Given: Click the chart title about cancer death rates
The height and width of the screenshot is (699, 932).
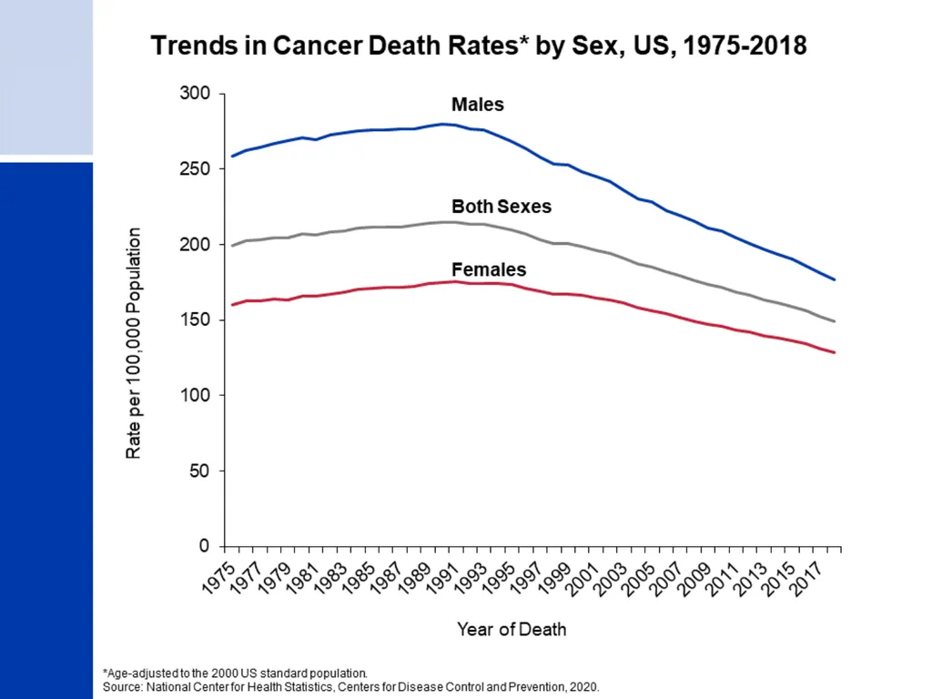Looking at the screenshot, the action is [x=479, y=46].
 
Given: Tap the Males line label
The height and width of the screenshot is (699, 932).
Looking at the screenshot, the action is [x=477, y=105].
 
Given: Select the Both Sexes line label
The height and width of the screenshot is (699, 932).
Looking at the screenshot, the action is [x=501, y=207].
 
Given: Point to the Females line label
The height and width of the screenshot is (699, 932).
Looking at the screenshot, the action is [x=489, y=269].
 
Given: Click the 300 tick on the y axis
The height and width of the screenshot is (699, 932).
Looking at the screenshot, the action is [x=195, y=94].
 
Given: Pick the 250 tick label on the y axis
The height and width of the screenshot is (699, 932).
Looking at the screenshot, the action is [x=195, y=168].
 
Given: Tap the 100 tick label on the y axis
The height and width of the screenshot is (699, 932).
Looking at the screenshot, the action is [x=195, y=395].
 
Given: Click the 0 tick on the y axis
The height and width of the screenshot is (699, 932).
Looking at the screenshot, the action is [x=205, y=546].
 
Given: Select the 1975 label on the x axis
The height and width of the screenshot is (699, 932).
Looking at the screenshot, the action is [x=218, y=577].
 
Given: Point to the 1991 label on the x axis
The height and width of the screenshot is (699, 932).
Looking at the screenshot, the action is [x=442, y=577].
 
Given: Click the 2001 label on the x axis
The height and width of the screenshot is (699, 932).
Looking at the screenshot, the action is [x=582, y=577].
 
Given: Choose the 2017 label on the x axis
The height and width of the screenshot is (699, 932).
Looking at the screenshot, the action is [x=806, y=577].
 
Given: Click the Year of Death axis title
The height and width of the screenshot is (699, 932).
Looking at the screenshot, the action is [x=512, y=630].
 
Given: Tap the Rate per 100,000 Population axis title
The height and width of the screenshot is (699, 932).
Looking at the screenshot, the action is [x=134, y=343].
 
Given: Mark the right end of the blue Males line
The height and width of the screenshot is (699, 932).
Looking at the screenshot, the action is [x=835, y=279].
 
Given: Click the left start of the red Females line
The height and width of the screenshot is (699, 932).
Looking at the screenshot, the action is [x=232, y=305].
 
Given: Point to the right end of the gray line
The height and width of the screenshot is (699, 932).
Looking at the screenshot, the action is [x=835, y=321].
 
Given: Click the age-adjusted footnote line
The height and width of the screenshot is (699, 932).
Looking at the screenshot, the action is [x=236, y=674].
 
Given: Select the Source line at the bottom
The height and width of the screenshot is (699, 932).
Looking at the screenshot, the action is [x=351, y=687].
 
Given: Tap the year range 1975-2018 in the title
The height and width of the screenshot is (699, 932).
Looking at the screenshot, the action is [x=745, y=46].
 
